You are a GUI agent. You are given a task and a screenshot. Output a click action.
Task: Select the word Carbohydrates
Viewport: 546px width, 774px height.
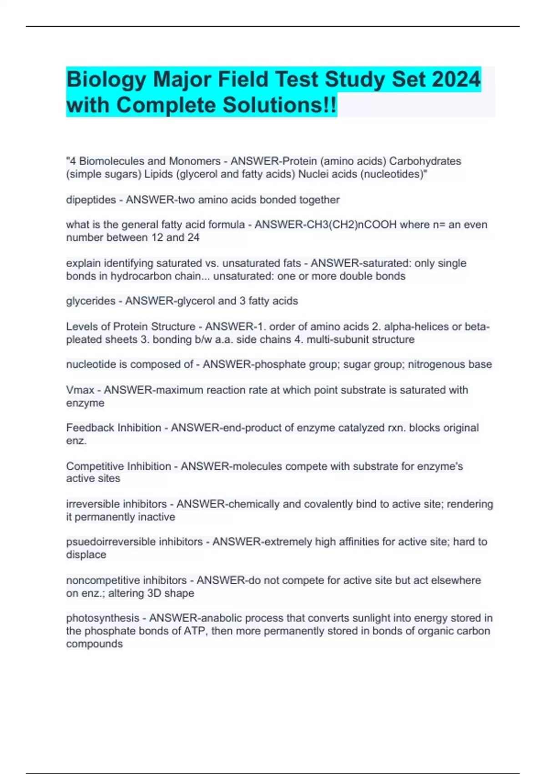point(425,161)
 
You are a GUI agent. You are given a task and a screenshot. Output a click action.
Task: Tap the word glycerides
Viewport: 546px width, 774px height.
point(91,301)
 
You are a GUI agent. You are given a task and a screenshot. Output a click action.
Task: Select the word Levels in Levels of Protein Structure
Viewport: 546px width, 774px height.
point(80,327)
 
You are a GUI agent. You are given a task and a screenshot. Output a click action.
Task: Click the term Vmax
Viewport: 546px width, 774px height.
point(80,390)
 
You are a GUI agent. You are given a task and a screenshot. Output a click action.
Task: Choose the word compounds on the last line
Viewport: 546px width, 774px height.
point(94,644)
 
